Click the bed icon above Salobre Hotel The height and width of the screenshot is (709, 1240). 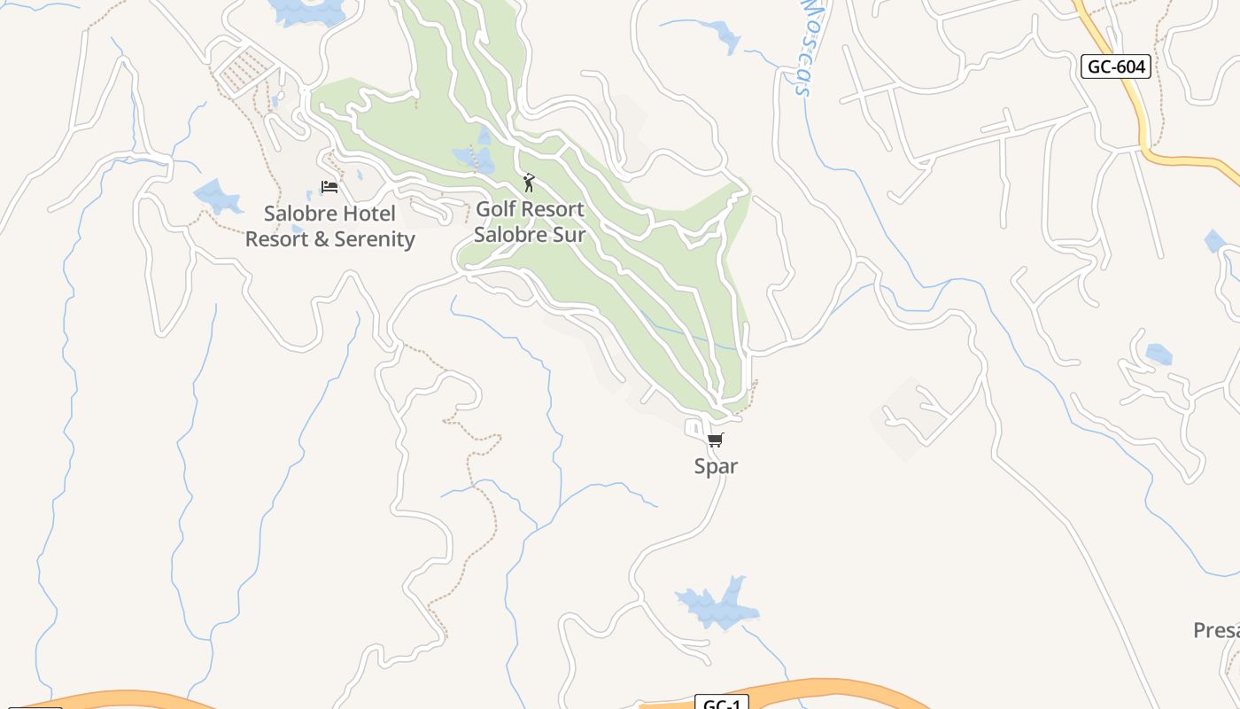point(329,187)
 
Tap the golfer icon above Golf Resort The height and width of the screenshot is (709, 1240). point(529,183)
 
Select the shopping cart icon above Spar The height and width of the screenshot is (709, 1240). point(716,440)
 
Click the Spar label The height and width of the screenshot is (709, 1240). point(716,466)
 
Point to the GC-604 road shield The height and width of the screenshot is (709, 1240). point(1116,66)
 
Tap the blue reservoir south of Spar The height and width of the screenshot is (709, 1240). point(717,604)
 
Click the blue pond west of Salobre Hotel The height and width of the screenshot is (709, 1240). point(218,197)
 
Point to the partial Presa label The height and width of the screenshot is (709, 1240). point(1216,631)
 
